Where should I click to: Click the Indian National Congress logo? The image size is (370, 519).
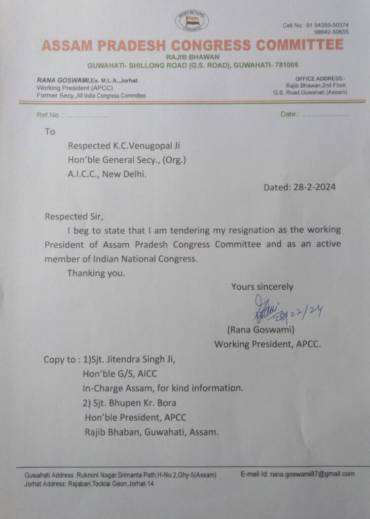[x=192, y=21]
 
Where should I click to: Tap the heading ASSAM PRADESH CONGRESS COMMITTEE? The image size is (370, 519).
[x=192, y=45]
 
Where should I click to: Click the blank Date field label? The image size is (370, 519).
[x=289, y=114]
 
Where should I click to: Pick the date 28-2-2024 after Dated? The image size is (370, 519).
[x=314, y=187]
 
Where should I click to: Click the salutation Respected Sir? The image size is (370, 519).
[x=73, y=216]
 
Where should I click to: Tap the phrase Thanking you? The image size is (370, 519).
[x=95, y=273]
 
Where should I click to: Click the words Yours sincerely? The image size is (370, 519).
[x=262, y=287]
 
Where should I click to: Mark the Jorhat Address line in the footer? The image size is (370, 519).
[x=89, y=484]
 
